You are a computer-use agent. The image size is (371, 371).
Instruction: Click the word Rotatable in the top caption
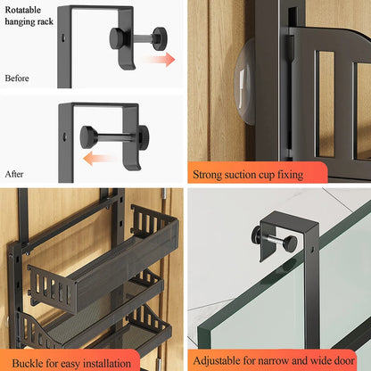[x=22, y=10]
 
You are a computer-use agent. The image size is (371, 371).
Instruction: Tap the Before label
[x=16, y=78]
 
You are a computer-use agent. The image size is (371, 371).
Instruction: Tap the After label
[x=14, y=174]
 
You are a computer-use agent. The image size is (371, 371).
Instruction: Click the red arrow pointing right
[x=161, y=60]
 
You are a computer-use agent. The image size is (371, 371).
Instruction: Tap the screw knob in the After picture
[x=87, y=136]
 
